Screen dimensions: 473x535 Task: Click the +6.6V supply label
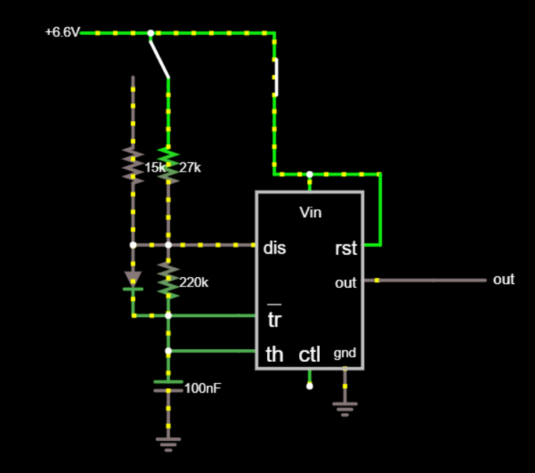[x=62, y=33]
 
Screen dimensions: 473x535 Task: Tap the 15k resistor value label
[x=155, y=168]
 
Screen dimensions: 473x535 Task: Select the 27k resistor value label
[x=190, y=168]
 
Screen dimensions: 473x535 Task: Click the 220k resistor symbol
[x=168, y=280]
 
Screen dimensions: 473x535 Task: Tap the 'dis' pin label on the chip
[x=274, y=248]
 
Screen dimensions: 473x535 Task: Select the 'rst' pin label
[x=346, y=249]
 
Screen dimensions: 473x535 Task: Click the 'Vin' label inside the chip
[x=310, y=212]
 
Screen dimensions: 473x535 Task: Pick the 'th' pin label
[x=274, y=354]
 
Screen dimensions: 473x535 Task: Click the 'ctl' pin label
[x=310, y=354]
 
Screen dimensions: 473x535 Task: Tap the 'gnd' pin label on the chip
[x=345, y=353]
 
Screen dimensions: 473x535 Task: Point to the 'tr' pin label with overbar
[x=274, y=319]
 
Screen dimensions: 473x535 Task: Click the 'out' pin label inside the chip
[x=346, y=284]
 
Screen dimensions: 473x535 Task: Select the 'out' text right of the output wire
[x=504, y=280]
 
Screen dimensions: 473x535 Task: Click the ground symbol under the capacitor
[x=168, y=443]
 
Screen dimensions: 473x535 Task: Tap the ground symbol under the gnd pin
[x=345, y=408]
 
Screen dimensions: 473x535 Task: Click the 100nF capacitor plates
[x=168, y=386]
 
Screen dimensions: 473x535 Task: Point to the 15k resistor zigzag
[x=133, y=164]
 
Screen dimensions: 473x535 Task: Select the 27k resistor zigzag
[x=168, y=164]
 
